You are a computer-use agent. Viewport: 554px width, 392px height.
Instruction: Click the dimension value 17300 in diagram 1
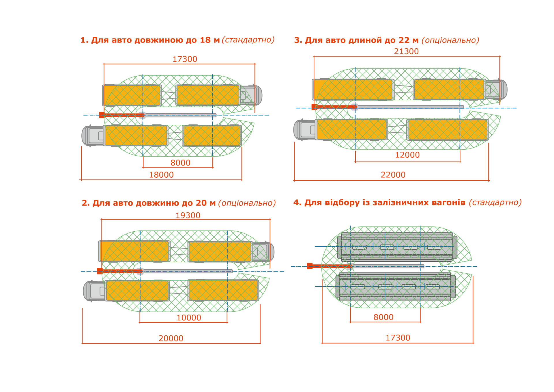[x=185, y=59]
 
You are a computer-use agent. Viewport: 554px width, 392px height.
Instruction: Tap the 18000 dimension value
[x=161, y=175]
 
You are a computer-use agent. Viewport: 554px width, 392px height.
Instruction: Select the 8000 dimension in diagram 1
[x=180, y=163]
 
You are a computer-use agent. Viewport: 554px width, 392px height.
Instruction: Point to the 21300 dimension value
[x=406, y=51]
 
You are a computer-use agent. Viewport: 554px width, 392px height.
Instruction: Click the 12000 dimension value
[x=407, y=155]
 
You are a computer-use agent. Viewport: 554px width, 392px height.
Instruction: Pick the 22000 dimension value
[x=393, y=175]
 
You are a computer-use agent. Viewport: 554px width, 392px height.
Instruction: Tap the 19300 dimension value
[x=188, y=215]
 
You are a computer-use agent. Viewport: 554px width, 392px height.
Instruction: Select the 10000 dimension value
[x=189, y=318]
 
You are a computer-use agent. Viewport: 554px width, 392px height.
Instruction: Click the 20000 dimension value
[x=171, y=338]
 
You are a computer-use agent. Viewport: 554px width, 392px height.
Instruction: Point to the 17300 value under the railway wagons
[x=398, y=338]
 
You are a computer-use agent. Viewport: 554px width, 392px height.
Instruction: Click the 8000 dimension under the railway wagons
[x=383, y=317]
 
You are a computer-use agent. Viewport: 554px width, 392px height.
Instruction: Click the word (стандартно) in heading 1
[x=248, y=40]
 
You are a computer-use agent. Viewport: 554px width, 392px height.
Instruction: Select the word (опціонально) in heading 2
[x=247, y=203]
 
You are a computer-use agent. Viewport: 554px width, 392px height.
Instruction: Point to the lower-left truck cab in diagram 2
[x=94, y=291]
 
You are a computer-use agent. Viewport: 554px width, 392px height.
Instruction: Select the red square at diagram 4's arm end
[x=310, y=266]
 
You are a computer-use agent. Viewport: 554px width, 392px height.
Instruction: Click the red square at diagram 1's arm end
[x=101, y=115]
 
